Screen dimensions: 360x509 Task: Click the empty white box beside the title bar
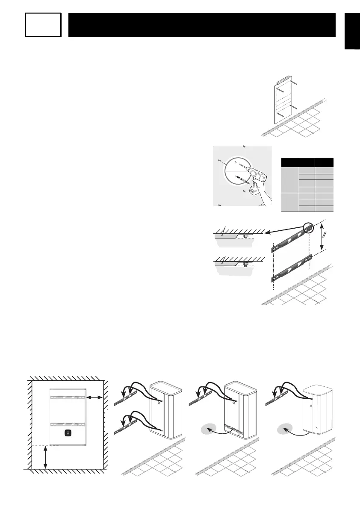(43, 24)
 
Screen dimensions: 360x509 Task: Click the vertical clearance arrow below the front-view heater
(45, 457)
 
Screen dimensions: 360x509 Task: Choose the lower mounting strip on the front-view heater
(68, 423)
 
